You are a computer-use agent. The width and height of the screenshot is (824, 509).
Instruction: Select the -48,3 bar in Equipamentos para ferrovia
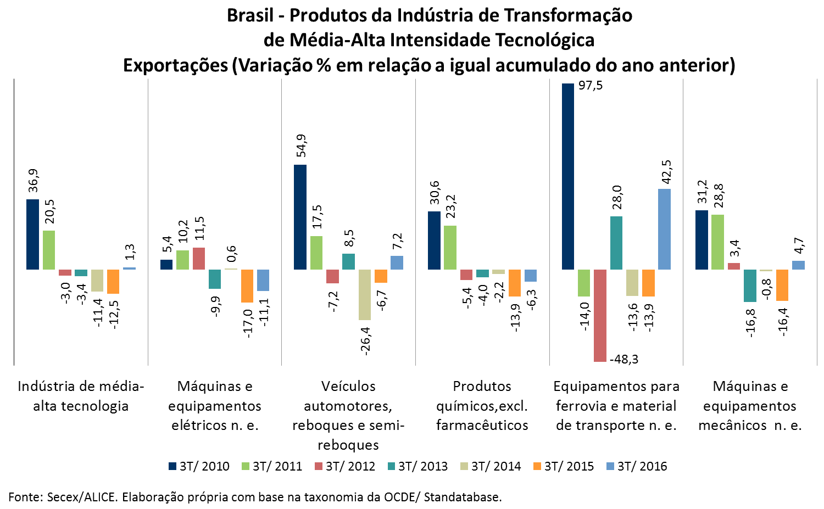tap(600, 315)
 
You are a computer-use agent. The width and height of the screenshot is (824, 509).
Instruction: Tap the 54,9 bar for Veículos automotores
tap(300, 217)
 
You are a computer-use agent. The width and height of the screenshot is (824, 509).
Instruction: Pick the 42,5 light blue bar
tap(664, 229)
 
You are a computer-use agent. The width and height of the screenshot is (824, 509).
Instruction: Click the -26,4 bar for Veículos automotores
tap(365, 294)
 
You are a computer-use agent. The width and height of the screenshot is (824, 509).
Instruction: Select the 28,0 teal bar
tap(616, 243)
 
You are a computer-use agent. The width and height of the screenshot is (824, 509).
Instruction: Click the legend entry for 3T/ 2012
tap(345, 466)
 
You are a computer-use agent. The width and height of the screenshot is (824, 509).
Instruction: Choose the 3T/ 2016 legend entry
tap(637, 466)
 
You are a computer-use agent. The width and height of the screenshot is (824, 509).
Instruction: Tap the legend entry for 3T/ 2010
tap(199, 466)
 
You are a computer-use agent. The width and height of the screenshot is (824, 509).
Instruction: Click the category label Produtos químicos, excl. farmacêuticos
tap(482, 405)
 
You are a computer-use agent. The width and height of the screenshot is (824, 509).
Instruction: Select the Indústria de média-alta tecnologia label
tap(81, 396)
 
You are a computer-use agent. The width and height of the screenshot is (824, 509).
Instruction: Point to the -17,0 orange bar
tap(247, 286)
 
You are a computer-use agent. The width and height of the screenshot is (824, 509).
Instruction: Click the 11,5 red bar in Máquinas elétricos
tap(199, 259)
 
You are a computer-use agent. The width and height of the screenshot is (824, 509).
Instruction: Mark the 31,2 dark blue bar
tap(701, 240)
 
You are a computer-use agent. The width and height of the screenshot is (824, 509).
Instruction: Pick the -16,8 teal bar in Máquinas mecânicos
tap(750, 286)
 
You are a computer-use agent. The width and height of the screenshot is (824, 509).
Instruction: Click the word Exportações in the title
tap(175, 65)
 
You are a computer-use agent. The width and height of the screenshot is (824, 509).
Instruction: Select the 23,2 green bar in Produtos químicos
tap(450, 248)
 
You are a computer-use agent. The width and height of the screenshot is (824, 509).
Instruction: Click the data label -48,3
tap(625, 360)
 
